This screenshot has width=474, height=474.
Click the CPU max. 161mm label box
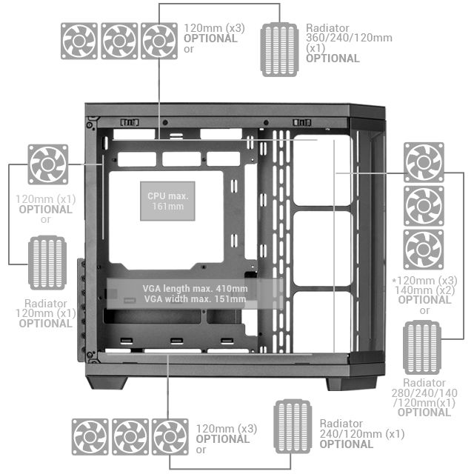(168, 201)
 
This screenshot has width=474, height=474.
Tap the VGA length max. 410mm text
(195, 288)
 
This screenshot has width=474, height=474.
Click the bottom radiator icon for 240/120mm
(294, 425)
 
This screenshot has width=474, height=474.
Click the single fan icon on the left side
(48, 164)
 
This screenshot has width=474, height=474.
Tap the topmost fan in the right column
(424, 163)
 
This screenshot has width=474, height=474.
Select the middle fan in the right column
(424, 206)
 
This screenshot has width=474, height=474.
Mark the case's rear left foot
(109, 383)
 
